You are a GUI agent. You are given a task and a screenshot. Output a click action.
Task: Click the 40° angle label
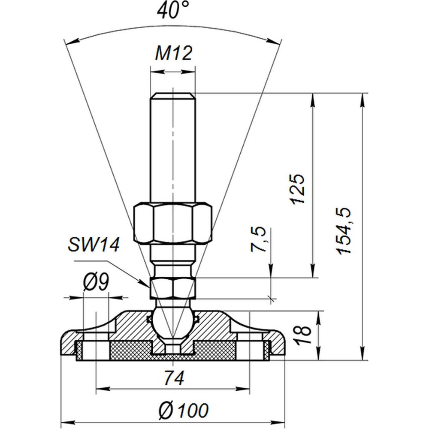point(173,10)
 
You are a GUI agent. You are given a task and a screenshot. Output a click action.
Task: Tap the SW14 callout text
point(94,244)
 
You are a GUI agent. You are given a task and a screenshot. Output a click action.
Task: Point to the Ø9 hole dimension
point(96,282)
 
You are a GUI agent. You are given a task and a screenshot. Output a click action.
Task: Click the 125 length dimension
point(297,189)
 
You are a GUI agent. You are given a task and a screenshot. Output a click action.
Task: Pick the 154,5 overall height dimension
point(344,231)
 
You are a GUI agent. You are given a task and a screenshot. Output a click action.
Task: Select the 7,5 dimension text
point(259,239)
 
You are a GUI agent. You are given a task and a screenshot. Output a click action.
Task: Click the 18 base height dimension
point(304,334)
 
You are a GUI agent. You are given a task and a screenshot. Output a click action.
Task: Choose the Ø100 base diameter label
point(184,411)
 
